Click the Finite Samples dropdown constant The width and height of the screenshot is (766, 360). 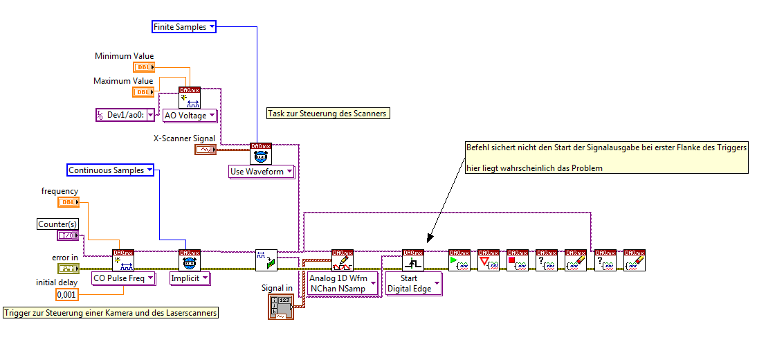point(184,27)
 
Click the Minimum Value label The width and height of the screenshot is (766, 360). point(124,56)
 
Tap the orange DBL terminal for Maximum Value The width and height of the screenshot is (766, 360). point(143,92)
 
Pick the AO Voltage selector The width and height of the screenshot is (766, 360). point(189,116)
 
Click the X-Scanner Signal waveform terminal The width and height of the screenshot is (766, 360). point(206,150)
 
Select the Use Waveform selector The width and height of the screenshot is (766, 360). point(262,171)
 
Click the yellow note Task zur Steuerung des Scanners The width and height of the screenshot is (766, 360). point(327,114)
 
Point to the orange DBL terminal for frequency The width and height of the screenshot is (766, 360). point(68,202)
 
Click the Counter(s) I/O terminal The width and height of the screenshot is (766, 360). point(68,235)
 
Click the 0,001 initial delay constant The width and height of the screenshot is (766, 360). point(66,295)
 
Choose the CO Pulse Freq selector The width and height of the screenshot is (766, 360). point(122,278)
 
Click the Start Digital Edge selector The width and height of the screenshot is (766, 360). point(413,283)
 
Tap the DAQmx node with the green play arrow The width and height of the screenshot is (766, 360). point(459,260)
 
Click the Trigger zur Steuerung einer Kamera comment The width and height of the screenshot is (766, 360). point(111,313)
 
